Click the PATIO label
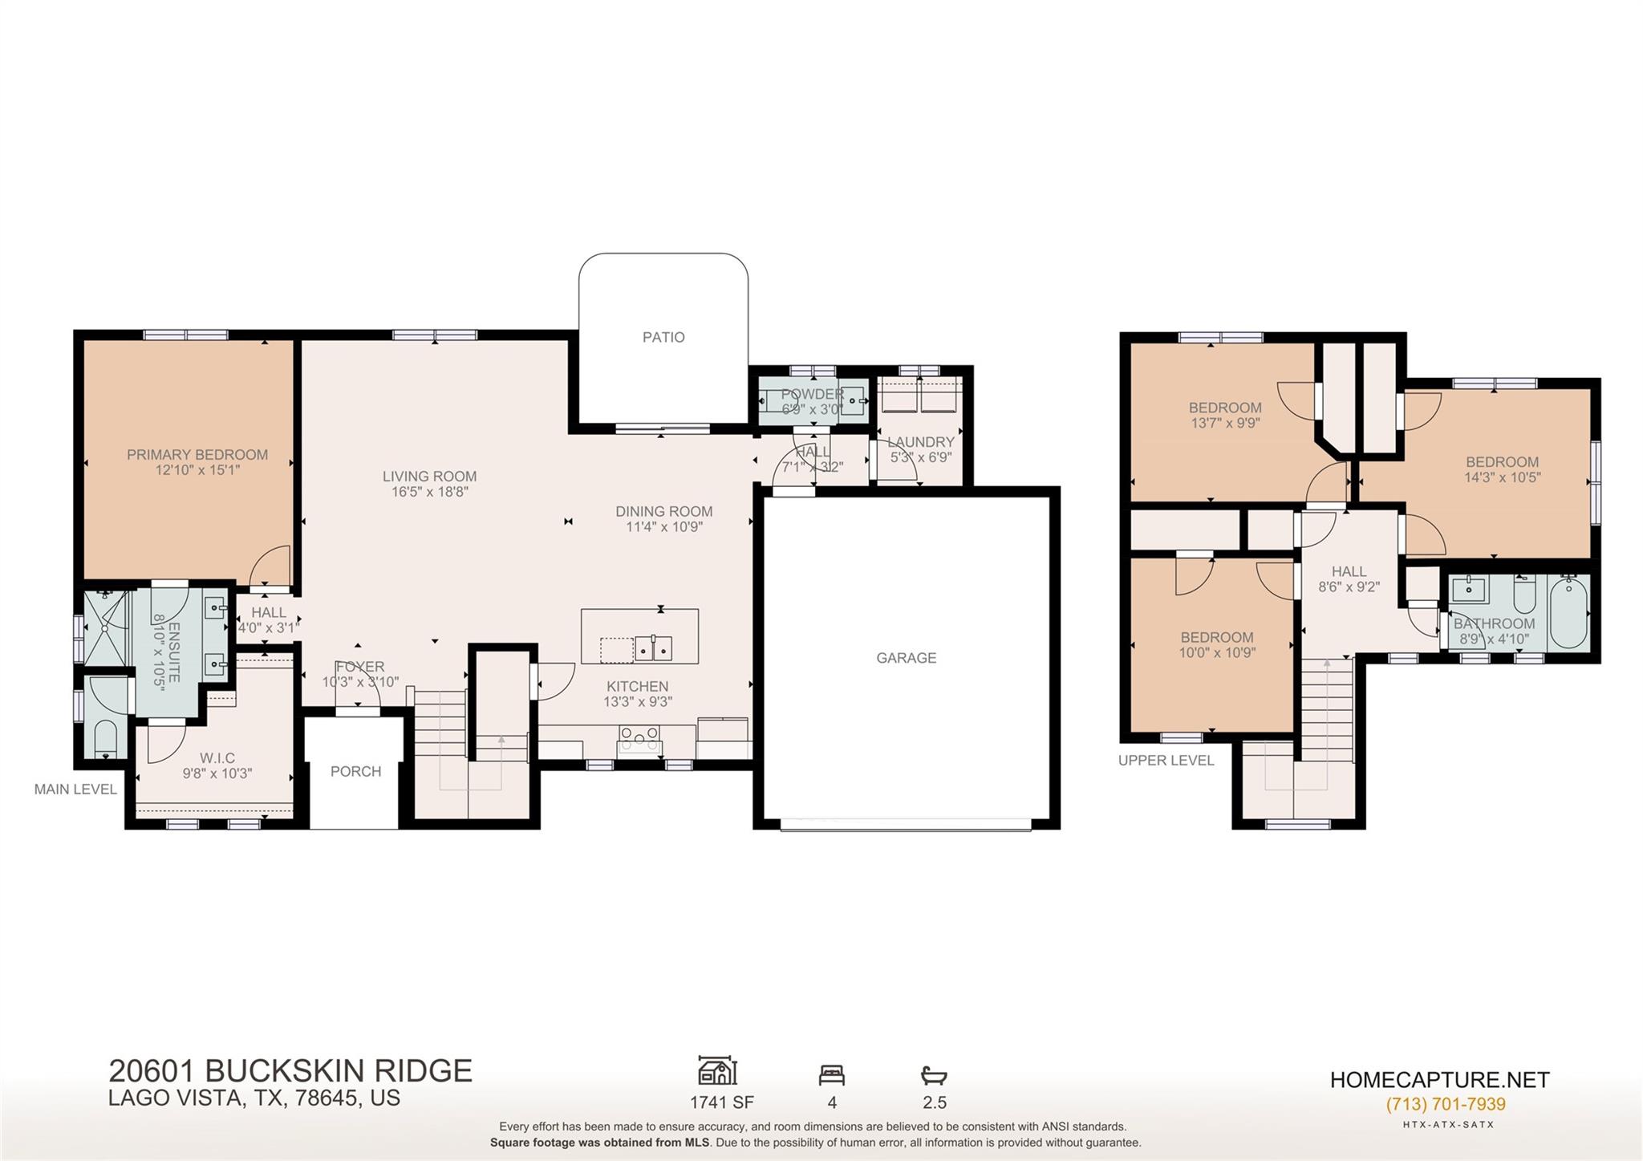tap(663, 337)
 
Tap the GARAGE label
tap(906, 658)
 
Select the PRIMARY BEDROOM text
tap(197, 455)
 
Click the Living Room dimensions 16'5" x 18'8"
tap(429, 492)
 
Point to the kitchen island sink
tap(653, 647)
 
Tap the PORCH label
tap(355, 771)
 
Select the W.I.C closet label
tap(217, 758)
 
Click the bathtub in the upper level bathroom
tap(1569, 613)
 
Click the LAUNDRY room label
tap(921, 442)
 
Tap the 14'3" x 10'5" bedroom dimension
tap(1502, 477)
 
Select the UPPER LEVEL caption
tap(1166, 760)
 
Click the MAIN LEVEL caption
tap(75, 790)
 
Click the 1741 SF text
tap(721, 1102)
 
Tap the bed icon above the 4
tap(831, 1074)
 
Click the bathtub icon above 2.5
tap(934, 1074)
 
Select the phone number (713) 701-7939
tap(1445, 1104)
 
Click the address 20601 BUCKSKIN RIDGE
tap(290, 1071)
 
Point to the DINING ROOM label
tap(663, 511)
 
